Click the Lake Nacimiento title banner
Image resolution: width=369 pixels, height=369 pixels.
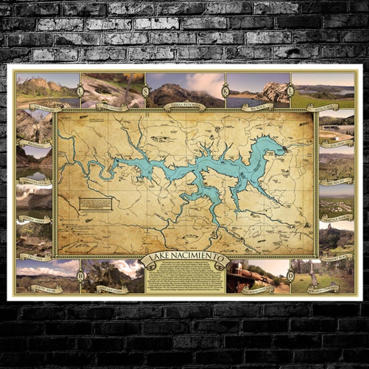click(184, 259)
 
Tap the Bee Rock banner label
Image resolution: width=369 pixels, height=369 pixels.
click(257, 106)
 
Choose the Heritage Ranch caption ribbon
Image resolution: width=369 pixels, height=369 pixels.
click(336, 216)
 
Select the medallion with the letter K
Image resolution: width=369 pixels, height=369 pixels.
click(225, 92)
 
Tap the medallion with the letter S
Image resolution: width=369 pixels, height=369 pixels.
click(145, 92)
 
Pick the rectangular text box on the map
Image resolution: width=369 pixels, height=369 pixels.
click(95, 204)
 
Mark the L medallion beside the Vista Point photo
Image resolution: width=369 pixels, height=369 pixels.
click(289, 92)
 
